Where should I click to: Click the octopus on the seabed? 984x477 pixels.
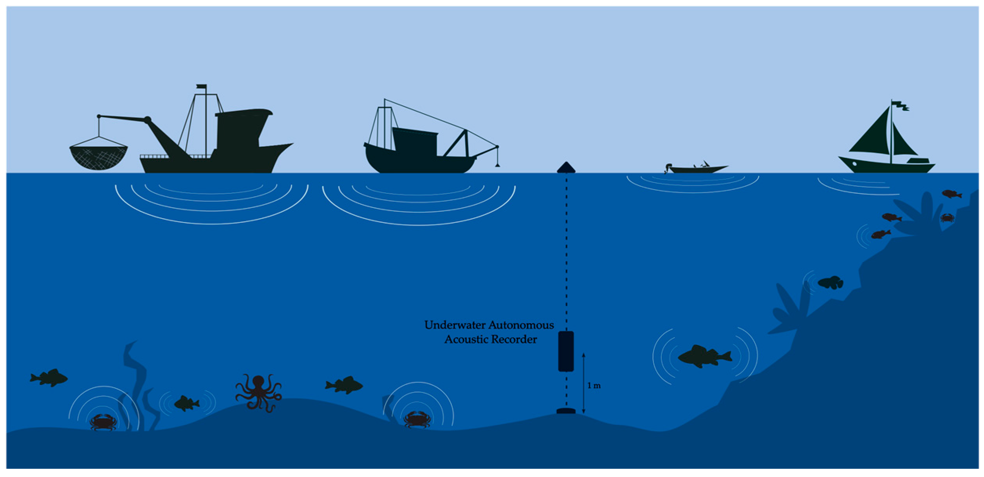[x=258, y=392]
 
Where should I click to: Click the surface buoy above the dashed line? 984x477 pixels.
[x=566, y=168]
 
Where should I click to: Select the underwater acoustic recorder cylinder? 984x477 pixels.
[x=566, y=351]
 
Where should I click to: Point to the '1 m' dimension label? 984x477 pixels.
[x=594, y=386]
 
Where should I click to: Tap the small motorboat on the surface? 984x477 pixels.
[x=697, y=169]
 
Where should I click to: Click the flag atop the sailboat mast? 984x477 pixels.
[x=900, y=105]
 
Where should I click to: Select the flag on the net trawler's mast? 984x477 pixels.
[x=201, y=87]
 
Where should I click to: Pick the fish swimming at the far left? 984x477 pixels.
[x=49, y=378]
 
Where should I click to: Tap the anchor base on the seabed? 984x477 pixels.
[x=566, y=411]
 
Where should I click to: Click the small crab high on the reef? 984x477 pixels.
[x=947, y=218]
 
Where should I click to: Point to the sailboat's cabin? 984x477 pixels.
[x=918, y=161]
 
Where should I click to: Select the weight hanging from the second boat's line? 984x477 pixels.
[x=497, y=165]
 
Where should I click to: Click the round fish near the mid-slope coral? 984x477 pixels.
[x=831, y=282]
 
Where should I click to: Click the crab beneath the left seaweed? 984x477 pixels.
[x=103, y=422]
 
